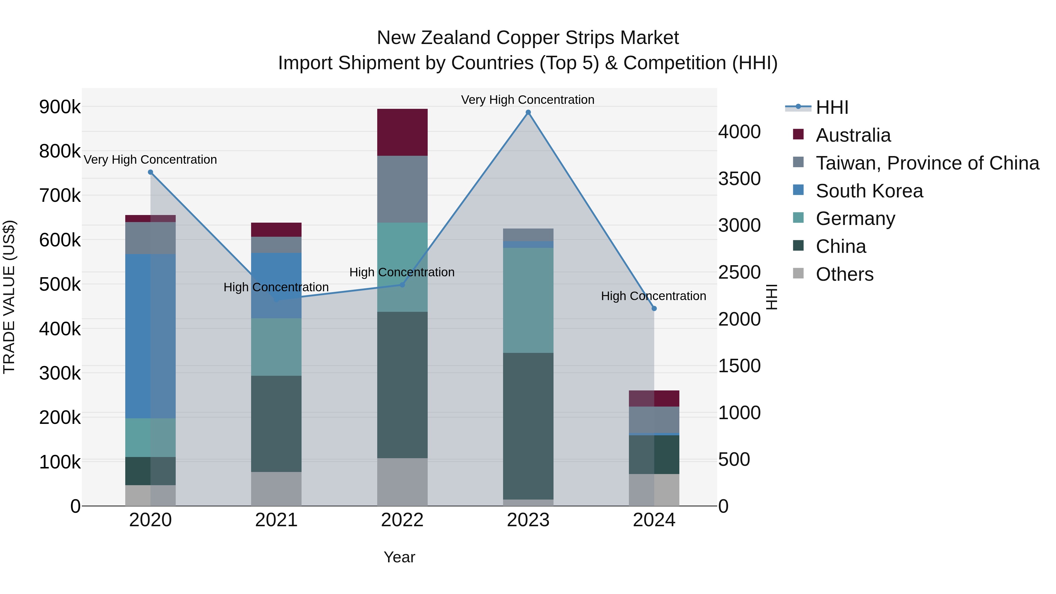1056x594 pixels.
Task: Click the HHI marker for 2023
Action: pos(528,112)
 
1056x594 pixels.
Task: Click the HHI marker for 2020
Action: pos(150,172)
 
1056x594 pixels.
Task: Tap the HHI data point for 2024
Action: pos(654,308)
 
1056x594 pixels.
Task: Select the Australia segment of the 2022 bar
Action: pos(402,132)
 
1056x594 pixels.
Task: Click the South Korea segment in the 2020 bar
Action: pos(150,336)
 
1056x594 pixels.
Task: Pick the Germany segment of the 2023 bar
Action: pos(528,300)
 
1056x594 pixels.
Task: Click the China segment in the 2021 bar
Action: pos(276,424)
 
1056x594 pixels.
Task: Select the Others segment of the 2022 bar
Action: pos(402,482)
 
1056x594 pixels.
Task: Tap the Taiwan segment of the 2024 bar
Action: pos(654,419)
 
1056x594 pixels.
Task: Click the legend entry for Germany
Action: pos(855,219)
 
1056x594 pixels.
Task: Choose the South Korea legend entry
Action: pos(869,191)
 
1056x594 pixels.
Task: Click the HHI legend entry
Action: pos(831,107)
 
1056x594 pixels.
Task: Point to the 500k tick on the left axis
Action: pos(60,284)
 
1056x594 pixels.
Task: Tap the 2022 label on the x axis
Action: pos(402,520)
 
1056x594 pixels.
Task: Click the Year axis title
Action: pos(399,557)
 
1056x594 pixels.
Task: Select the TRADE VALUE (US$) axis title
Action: pos(9,297)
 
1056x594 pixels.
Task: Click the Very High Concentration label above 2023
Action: pos(528,100)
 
